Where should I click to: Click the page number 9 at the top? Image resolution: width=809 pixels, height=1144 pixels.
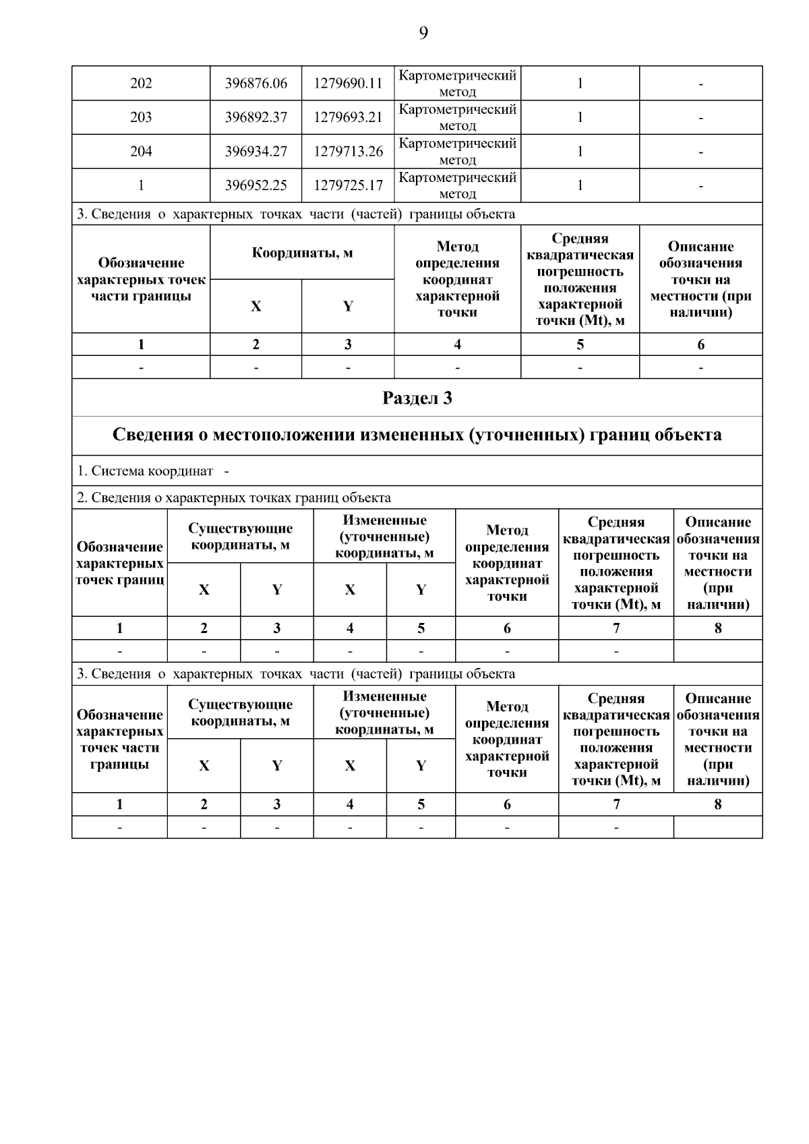point(423,33)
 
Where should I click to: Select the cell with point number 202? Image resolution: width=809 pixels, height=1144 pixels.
point(141,84)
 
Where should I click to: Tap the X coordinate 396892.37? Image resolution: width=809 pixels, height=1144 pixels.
point(256,117)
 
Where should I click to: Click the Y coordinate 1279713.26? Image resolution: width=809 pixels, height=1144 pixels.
point(348,152)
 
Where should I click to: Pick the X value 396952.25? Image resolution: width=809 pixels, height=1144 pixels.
point(256,185)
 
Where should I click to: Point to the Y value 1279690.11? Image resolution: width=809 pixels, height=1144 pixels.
point(348,84)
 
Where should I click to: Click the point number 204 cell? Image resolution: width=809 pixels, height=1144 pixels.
point(141,152)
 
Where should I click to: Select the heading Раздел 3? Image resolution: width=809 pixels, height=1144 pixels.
point(417,398)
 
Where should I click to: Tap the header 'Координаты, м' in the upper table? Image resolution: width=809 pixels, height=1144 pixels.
point(302,253)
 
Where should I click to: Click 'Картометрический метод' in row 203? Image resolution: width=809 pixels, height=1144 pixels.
point(457,117)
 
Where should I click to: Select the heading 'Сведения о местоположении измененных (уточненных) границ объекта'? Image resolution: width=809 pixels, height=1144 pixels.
point(417,435)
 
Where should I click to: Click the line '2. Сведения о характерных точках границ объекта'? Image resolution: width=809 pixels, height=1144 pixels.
point(234,498)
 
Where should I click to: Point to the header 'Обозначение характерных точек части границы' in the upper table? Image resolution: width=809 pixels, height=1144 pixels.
point(141,279)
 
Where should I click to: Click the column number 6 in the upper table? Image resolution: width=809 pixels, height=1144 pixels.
point(700,344)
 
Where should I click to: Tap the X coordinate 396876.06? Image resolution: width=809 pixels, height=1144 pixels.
point(256,84)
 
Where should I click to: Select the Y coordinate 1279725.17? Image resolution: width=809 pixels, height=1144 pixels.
point(348,185)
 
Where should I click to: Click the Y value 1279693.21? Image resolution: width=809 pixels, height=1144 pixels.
point(348,117)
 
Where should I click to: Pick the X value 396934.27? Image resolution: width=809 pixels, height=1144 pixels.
point(256,152)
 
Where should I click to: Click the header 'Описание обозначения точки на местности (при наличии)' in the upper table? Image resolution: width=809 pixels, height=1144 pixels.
point(700,279)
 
